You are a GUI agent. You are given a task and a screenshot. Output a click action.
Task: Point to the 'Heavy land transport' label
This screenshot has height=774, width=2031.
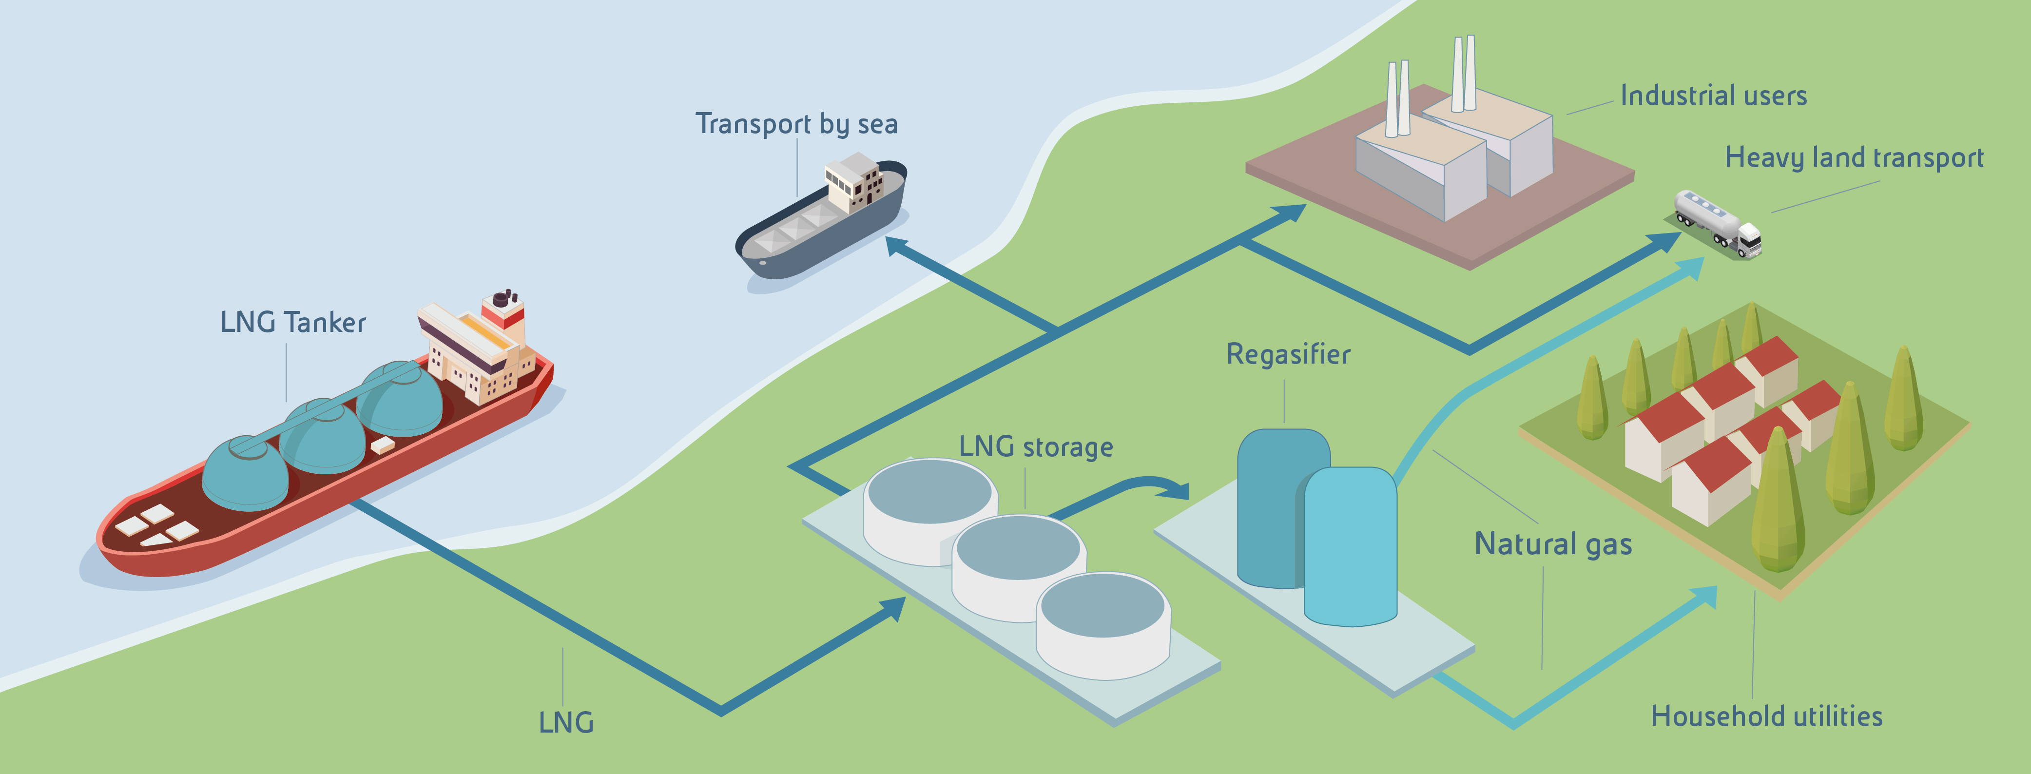(x=1854, y=157)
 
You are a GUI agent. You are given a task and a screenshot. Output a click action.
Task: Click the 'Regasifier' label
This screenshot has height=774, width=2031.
(x=1288, y=355)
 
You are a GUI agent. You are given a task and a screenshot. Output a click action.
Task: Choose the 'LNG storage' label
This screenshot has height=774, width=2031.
(x=1035, y=447)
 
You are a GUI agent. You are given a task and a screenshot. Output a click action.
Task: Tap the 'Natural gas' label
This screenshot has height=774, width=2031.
(x=1552, y=544)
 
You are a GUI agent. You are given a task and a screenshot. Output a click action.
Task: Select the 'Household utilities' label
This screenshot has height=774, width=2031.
(x=1766, y=716)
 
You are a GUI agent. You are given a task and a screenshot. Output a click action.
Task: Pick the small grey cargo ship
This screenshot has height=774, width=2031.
(x=820, y=221)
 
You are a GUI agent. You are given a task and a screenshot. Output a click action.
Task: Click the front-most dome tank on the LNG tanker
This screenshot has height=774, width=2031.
(x=245, y=471)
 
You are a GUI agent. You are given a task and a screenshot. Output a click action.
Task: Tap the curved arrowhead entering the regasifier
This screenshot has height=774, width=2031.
(x=1179, y=491)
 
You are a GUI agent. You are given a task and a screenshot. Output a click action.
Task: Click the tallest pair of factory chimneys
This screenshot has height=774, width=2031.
(x=1463, y=73)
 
